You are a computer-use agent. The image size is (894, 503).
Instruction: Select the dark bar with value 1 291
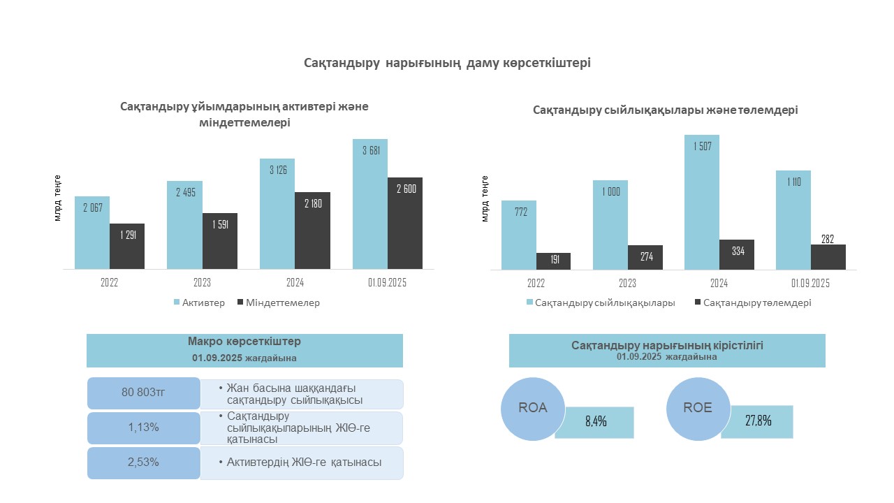[127, 246]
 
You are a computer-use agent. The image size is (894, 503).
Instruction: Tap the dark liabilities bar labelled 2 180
[312, 231]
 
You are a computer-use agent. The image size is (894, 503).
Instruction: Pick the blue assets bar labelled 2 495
[184, 225]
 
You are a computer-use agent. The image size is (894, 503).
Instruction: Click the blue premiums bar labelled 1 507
[702, 202]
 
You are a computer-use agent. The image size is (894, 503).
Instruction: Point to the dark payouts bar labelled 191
[553, 261]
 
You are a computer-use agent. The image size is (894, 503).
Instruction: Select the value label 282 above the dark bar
[828, 239]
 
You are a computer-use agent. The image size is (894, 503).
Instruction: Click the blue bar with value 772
[519, 235]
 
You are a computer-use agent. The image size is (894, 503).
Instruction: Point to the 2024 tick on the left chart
[295, 283]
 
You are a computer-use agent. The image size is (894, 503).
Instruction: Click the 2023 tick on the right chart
[627, 283]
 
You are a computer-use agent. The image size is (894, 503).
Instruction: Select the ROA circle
[533, 409]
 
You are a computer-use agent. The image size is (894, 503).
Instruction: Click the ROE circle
[698, 408]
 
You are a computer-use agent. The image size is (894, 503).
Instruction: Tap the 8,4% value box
[594, 422]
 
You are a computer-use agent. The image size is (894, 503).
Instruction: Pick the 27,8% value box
[758, 421]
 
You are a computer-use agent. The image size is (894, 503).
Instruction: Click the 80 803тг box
[142, 393]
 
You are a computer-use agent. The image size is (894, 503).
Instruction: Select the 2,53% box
[142, 462]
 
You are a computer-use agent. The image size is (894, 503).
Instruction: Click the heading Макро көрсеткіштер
[244, 342]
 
